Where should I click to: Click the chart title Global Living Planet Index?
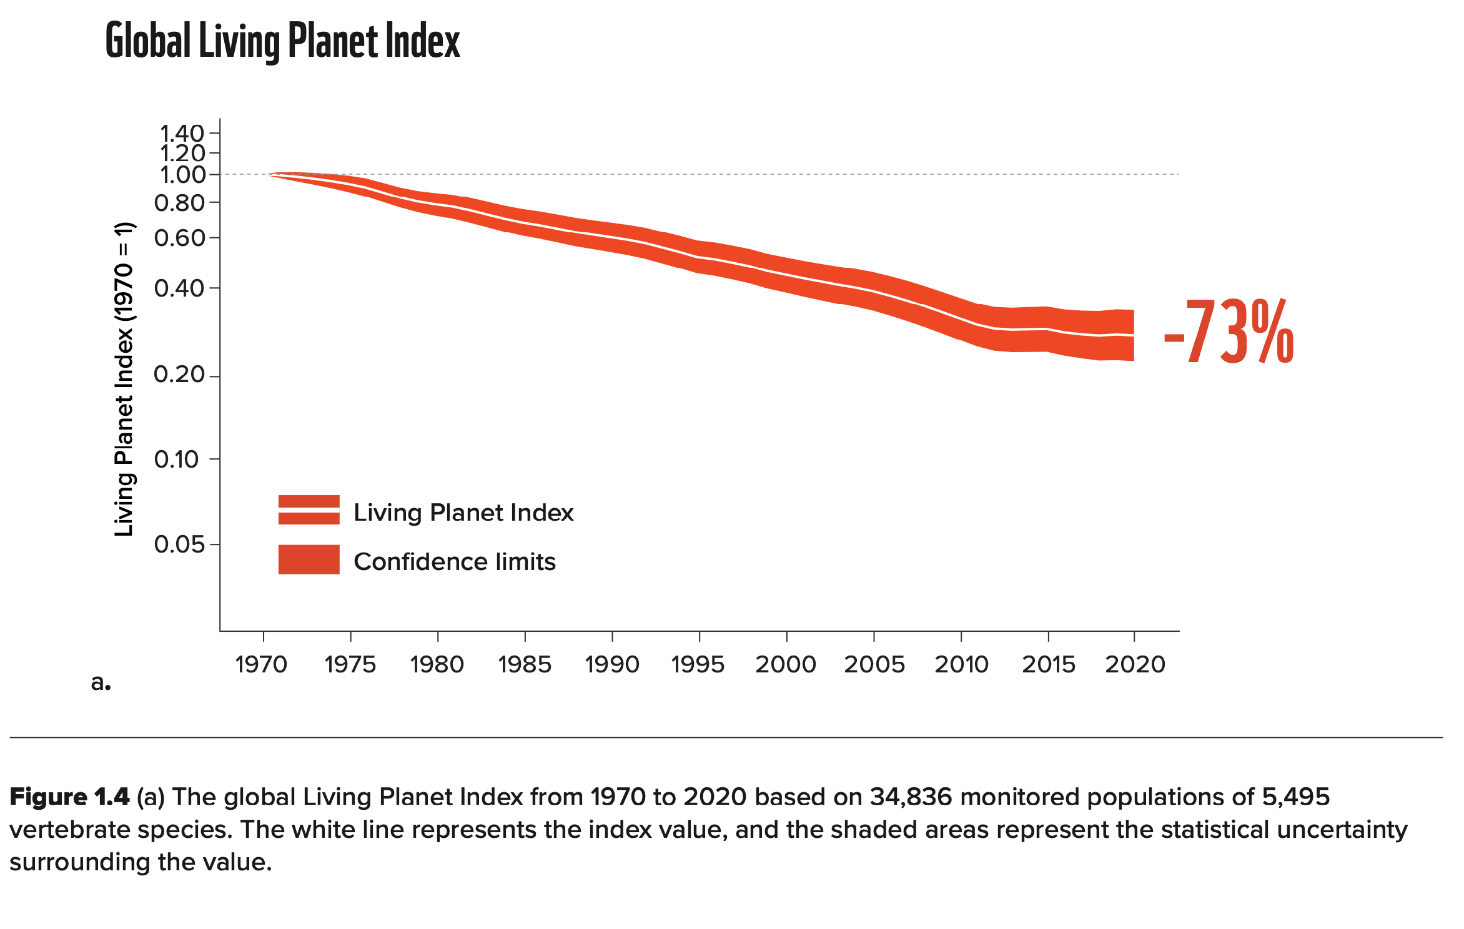coord(282,41)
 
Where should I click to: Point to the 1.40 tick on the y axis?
coord(182,133)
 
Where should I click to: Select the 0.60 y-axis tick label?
coord(179,238)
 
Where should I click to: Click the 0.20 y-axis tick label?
coord(179,375)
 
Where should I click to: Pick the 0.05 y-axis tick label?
coord(179,544)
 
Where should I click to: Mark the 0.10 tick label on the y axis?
coord(177,460)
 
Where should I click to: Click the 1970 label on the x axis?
coord(261,664)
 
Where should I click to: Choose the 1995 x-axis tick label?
coord(698,664)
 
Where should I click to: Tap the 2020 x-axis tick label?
coord(1135,664)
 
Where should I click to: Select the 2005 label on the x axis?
coord(874,664)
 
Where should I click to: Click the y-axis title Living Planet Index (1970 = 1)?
coord(124,379)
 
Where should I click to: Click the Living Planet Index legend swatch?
coord(309,510)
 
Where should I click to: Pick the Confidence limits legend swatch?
coord(309,559)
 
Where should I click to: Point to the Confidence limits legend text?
coord(455,562)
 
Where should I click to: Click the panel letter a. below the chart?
coord(101,682)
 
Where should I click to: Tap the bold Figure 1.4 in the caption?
coord(69,797)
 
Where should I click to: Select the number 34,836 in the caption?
coord(911,797)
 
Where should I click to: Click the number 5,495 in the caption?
coord(1295,797)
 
